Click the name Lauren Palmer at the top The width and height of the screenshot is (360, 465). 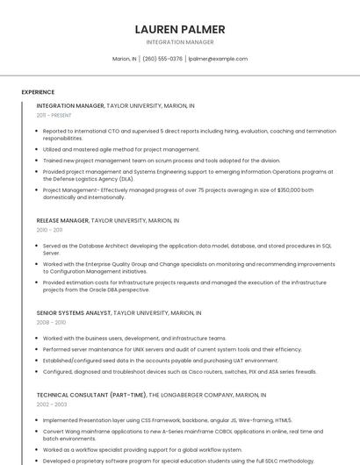180,29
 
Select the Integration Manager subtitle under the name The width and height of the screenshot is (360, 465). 180,42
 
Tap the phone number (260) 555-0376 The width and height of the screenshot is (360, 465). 162,59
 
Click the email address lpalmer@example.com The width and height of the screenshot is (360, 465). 219,59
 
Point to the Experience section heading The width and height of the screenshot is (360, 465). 38,92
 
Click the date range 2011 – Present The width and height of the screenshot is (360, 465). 54,115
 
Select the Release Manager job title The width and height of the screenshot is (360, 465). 63,220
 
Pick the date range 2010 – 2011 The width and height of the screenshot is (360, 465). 49,230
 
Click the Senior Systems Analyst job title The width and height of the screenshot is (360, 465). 74,312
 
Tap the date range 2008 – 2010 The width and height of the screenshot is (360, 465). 51,322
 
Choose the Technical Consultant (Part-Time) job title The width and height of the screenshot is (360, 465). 91,395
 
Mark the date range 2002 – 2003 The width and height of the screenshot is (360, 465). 51,404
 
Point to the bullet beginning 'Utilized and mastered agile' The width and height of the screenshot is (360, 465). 121,149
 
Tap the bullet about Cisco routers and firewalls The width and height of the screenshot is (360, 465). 179,371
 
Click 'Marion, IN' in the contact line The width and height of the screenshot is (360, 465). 125,59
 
